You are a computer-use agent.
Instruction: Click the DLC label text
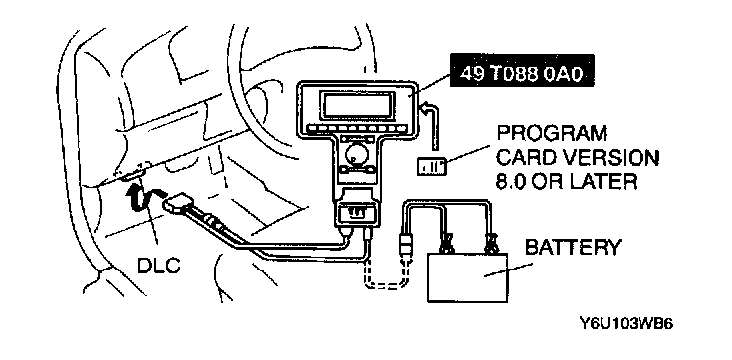tap(159, 266)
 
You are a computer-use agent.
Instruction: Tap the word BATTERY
tap(573, 247)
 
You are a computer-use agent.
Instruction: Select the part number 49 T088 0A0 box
tap(521, 74)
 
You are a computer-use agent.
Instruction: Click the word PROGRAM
tap(551, 134)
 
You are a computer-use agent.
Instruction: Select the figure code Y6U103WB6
tap(626, 324)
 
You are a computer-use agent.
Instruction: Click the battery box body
tap(467, 277)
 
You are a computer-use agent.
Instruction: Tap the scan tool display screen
tap(355, 104)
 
